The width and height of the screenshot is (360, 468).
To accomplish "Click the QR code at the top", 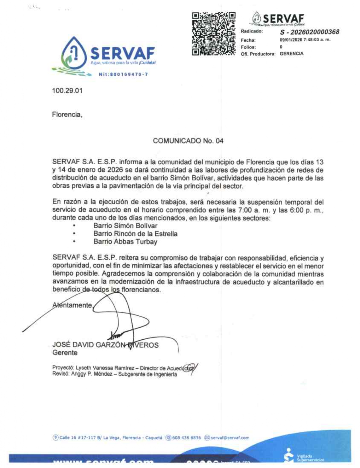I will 213,34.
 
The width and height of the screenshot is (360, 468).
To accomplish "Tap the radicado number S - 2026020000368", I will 310,32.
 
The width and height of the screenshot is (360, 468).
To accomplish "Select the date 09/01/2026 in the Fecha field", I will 291,40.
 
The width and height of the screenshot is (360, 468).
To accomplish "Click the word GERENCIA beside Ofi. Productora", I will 291,54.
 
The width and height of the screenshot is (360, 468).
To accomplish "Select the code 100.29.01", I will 67,91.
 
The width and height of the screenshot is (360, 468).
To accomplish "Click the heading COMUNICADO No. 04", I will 188,141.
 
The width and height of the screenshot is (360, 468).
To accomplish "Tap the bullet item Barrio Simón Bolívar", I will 125,226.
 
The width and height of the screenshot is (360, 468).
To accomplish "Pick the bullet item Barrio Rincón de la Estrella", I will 135,234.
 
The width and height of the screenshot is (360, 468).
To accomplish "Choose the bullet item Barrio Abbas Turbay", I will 125,242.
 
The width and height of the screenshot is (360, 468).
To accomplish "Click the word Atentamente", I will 72,305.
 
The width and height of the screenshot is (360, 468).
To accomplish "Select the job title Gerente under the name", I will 65,353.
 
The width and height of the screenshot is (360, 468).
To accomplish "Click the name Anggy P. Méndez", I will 92,374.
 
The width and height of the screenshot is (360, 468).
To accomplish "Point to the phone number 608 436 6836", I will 186,438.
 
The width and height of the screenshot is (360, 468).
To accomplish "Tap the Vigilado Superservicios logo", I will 304,456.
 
